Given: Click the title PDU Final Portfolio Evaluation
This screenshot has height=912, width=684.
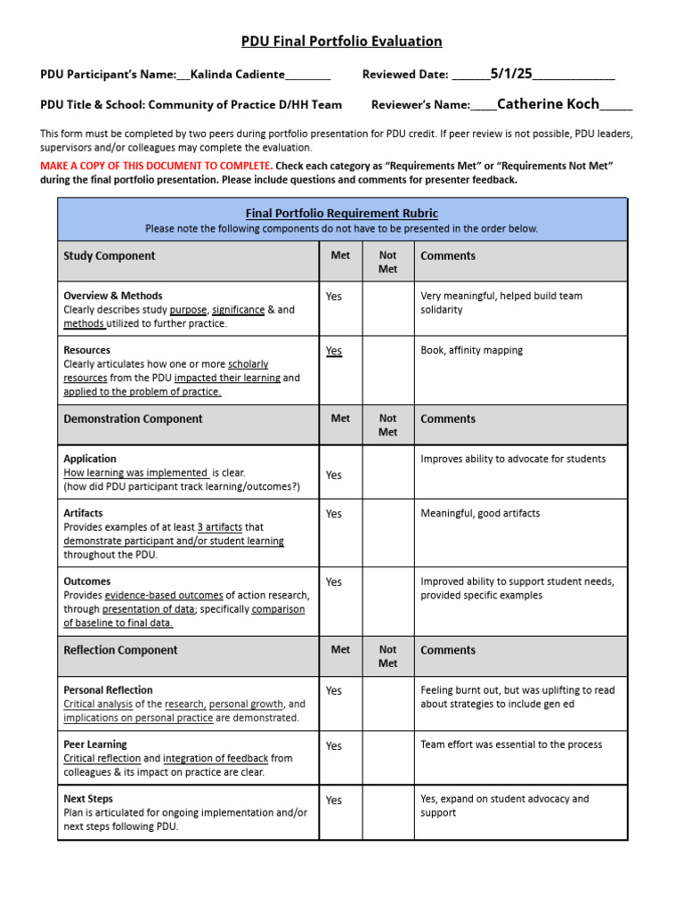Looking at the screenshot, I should coord(342,41).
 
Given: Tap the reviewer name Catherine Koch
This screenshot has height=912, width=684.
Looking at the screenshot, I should coord(548,104).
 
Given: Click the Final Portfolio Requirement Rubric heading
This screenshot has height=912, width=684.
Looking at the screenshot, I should coord(342,213).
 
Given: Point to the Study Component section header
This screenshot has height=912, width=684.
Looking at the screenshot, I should coord(109,256).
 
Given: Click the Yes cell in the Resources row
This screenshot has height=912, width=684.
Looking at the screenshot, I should coord(334,351).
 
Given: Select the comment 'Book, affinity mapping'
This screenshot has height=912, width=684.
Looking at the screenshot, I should coord(471,350).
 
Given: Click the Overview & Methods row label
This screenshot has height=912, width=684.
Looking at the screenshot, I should coord(113,296).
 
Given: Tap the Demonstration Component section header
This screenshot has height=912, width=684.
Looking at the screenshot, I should coord(133,419).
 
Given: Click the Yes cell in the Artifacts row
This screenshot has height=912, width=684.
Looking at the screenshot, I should coord(334,514).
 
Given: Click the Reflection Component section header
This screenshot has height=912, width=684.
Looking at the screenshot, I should coord(120,650).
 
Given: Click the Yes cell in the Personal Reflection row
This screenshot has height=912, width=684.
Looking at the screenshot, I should coord(334,691).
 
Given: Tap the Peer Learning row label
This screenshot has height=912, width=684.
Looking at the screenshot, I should coord(95,745).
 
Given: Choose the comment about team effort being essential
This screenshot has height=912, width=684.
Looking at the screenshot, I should coord(511,745).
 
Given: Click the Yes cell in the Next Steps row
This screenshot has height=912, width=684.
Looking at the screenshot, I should coord(334,801).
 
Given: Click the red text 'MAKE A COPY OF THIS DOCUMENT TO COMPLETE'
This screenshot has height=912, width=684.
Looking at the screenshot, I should coord(156,166).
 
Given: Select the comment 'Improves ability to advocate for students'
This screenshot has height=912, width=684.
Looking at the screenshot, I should coord(513,459).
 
